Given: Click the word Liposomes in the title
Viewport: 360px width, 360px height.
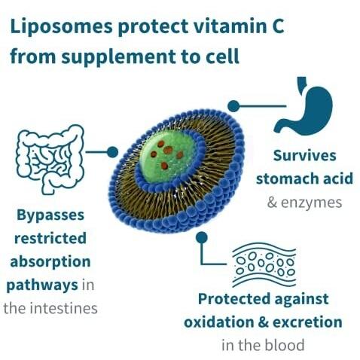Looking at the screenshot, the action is pos(61,26).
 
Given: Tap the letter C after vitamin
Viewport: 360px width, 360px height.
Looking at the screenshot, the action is pos(277,26).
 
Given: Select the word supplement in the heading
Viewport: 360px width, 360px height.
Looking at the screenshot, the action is pos(118,57).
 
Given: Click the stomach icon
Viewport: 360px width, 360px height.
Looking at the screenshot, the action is pos(304,106).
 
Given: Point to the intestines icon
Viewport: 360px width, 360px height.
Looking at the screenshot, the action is pos(50,160).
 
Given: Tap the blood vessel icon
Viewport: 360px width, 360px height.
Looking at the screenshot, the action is pos(264,264).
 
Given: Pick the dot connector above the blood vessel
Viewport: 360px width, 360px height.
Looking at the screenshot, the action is pos(202,237).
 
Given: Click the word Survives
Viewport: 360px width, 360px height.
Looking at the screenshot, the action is pos(304,155).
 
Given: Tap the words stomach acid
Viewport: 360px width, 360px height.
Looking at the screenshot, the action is pos(304,178).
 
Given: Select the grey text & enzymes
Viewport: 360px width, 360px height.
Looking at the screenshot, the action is pos(304,203).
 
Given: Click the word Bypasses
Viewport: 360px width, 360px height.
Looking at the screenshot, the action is pos(50,216).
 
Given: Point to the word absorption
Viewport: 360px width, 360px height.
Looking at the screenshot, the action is pos(50,262).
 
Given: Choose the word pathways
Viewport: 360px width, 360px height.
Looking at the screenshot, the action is pos(42,285).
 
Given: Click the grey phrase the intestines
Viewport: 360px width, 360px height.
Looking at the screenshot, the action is pos(50,308).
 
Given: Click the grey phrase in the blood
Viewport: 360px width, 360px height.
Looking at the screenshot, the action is pos(263,345).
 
